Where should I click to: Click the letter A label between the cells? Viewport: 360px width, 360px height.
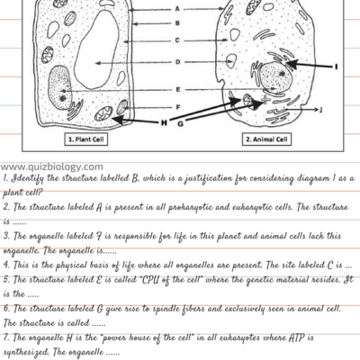177,8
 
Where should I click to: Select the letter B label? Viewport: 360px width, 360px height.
177,22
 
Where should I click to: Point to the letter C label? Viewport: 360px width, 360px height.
177,40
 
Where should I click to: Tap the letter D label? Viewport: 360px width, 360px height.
177,62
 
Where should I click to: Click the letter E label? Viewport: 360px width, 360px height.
178,89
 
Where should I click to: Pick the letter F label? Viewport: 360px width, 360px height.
178,106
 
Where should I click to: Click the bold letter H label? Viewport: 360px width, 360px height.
164,121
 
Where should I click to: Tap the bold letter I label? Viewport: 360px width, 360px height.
335,67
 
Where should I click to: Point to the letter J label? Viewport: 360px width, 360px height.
321,110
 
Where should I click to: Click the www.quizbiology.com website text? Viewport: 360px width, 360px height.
51,166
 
